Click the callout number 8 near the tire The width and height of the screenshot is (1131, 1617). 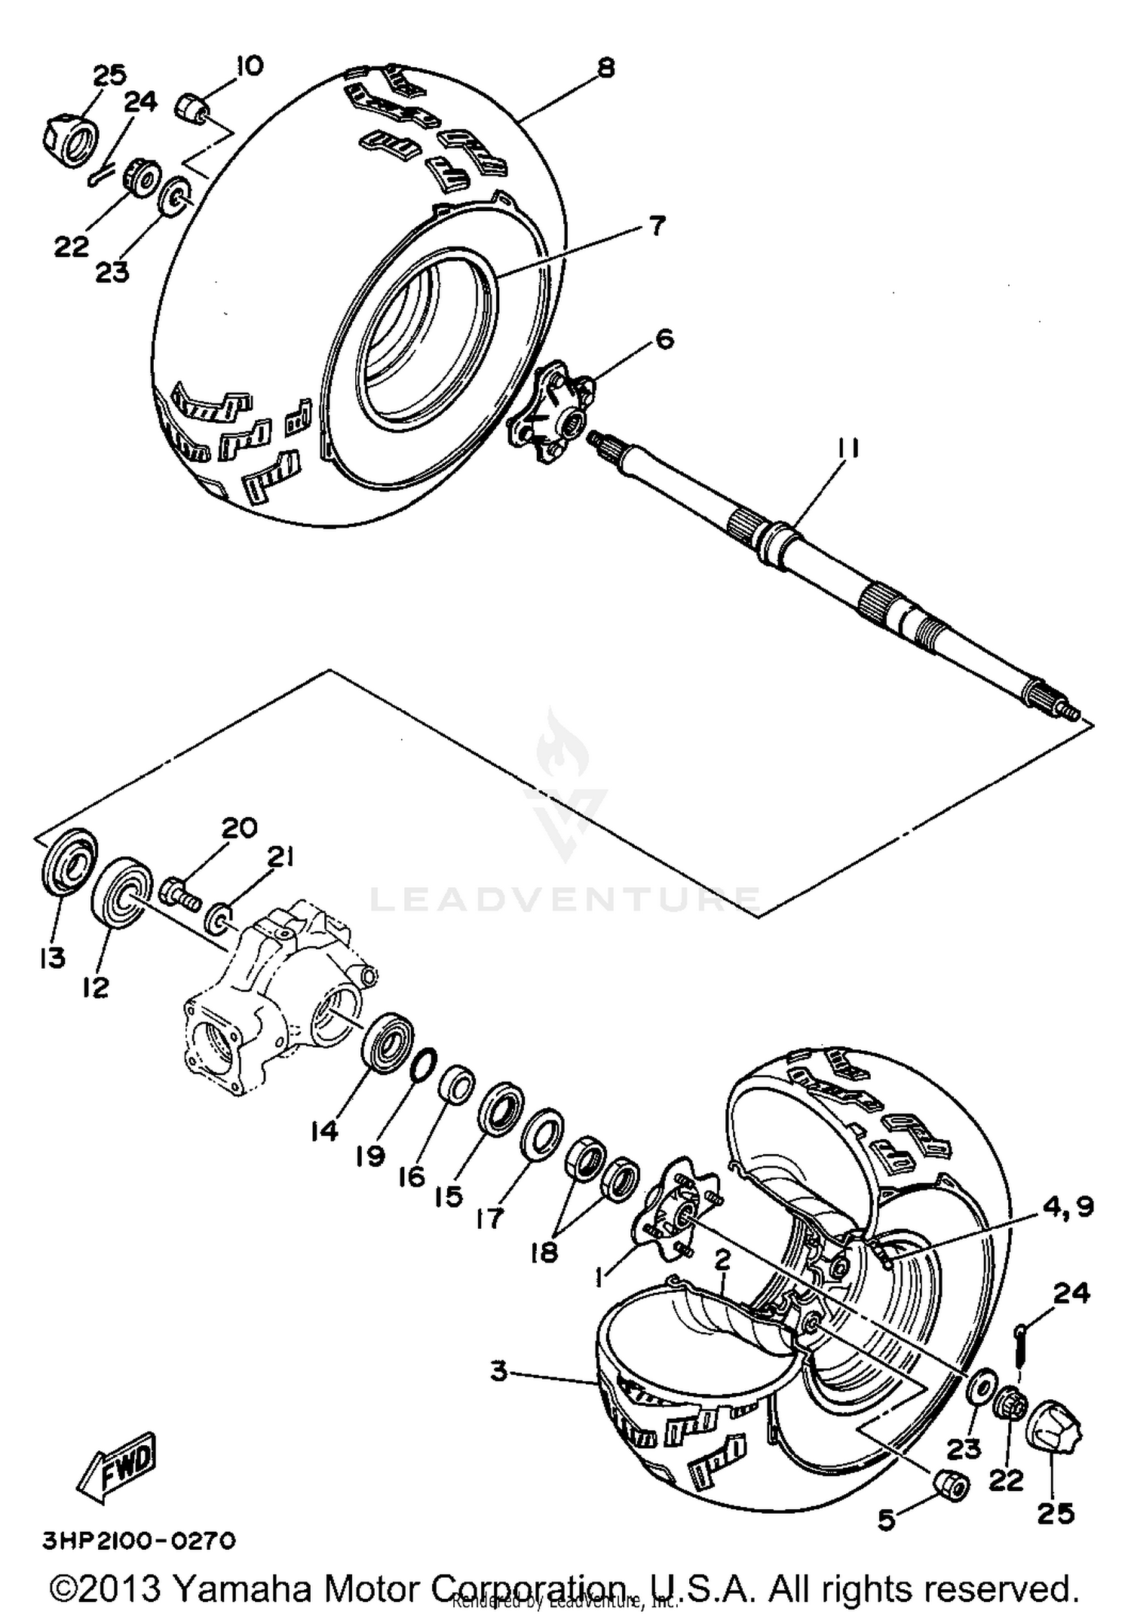605,68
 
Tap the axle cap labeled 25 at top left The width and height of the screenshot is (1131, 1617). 69,137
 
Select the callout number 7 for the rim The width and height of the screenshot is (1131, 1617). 657,225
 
